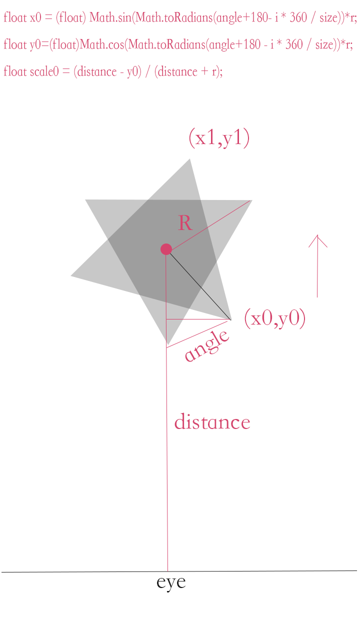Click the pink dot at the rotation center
click(166, 249)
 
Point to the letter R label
click(185, 223)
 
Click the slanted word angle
click(206, 345)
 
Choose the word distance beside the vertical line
click(212, 422)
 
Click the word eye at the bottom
click(171, 582)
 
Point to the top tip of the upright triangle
click(190, 159)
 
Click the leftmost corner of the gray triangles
click(71, 275)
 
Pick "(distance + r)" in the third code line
click(187, 71)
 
